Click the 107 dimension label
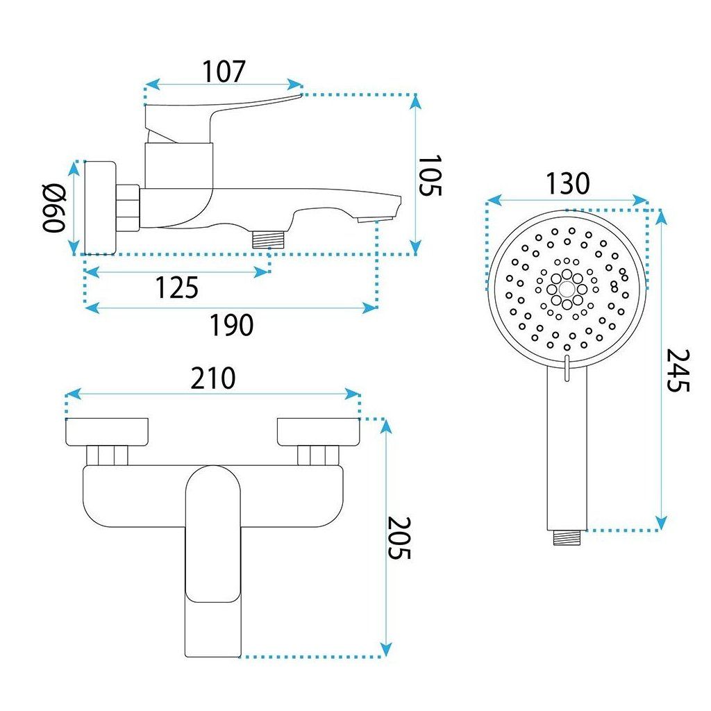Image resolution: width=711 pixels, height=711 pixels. pyautogui.click(x=224, y=71)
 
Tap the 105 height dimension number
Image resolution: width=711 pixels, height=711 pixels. pyautogui.click(x=430, y=176)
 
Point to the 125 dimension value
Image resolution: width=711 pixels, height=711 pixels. pyautogui.click(x=176, y=287)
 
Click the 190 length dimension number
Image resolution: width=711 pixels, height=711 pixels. pyautogui.click(x=231, y=325)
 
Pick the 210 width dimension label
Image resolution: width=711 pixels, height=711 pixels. pyautogui.click(x=212, y=378)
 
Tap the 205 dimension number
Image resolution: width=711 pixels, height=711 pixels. pyautogui.click(x=399, y=538)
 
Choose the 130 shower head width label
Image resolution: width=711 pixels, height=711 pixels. pyautogui.click(x=567, y=184)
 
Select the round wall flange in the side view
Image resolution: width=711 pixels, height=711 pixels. pyautogui.click(x=99, y=208)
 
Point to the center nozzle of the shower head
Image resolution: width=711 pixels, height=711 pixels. pyautogui.click(x=567, y=287)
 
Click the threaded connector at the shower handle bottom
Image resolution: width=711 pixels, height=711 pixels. pyautogui.click(x=568, y=536)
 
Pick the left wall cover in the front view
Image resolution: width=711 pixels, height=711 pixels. pyautogui.click(x=107, y=431)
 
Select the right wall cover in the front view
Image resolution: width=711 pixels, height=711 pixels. pyautogui.click(x=319, y=431)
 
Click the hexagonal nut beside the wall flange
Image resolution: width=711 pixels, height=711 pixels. pyautogui.click(x=128, y=207)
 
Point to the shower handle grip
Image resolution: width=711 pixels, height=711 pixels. pyautogui.click(x=568, y=451)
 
